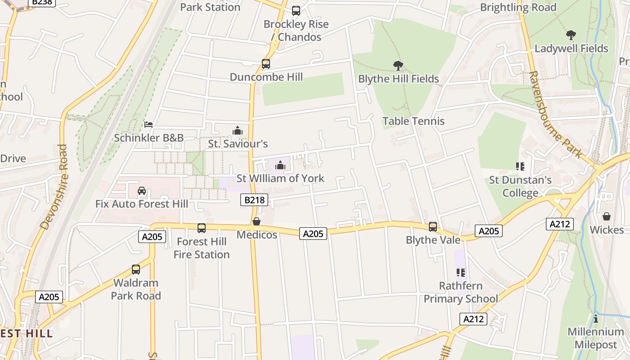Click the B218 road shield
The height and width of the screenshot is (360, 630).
tap(254, 200)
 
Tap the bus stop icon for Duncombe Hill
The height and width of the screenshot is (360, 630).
tap(266, 64)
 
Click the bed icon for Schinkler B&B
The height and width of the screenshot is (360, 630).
tap(148, 125)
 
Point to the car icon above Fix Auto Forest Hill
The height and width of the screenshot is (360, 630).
tap(142, 191)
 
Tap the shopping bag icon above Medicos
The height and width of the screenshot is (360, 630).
tap(256, 221)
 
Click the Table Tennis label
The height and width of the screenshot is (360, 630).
tap(413, 121)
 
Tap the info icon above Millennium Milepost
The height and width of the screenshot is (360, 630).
tap(596, 319)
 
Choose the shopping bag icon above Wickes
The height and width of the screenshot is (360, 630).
tap(607, 217)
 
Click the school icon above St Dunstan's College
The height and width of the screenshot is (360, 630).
tap(520, 167)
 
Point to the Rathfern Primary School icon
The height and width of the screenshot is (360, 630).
tap(460, 273)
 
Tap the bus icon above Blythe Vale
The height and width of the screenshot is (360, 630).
tap(433, 227)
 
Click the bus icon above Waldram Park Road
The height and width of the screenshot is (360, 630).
tap(135, 270)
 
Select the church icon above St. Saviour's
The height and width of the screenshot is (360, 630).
tap(238, 131)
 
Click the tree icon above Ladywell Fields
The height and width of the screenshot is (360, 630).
tap(571, 35)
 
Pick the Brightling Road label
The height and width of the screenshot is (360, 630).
tap(518, 8)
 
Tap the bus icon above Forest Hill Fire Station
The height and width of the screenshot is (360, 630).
tap(202, 229)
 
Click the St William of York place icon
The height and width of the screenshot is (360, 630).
tap(280, 166)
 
